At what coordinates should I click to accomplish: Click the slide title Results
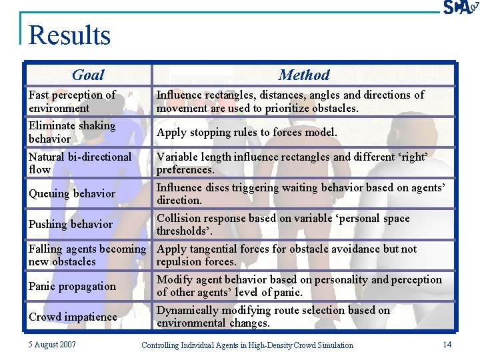pos(69,35)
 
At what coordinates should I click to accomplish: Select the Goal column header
pos(88,75)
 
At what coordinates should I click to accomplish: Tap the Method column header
pos(304,75)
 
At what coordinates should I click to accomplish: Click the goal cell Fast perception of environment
pos(72,101)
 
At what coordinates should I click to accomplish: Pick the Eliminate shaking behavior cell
pos(72,132)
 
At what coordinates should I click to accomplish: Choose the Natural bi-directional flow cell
pos(80,163)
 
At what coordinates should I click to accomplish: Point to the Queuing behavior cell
pos(72,193)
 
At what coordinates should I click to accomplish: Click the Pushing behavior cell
pos(71,224)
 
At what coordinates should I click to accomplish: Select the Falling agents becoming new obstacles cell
pos(87,255)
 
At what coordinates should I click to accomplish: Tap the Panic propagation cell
pos(72,286)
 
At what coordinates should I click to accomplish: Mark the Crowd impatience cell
pos(73,317)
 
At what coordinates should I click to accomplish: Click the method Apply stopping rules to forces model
pos(247,132)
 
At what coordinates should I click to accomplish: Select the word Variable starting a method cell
pos(176,157)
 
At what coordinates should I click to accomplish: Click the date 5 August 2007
pos(52,345)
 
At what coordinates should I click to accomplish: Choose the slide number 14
pos(447,344)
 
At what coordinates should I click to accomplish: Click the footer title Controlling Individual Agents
pos(247,345)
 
